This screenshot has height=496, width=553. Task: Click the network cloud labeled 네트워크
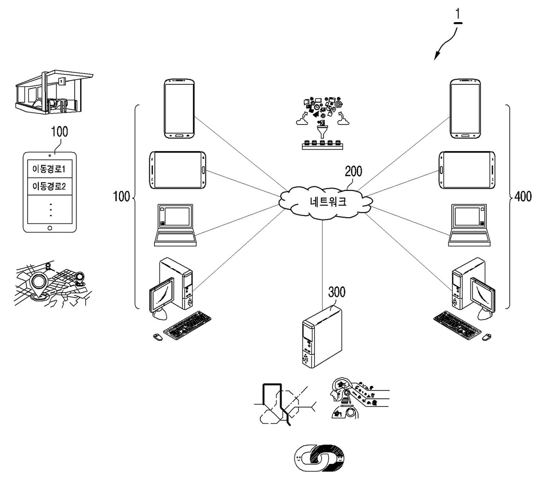point(325,202)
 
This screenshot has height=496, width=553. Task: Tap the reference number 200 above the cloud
point(353,171)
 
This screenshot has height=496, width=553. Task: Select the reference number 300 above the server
point(336,292)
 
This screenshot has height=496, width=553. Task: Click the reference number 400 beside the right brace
point(523,196)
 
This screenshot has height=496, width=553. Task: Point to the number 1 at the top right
point(458,14)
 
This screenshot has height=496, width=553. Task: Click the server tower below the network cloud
point(322,336)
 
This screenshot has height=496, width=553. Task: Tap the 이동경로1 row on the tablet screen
point(49,169)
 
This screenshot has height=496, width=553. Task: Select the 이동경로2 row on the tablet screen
point(49,186)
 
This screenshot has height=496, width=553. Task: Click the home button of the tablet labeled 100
point(50,228)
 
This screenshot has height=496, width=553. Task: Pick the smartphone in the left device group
point(179,108)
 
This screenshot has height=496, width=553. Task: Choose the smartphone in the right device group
point(465,108)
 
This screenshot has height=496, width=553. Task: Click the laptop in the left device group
point(175,225)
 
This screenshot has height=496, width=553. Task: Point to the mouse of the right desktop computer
point(486,337)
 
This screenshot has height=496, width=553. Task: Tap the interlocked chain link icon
point(319,458)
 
